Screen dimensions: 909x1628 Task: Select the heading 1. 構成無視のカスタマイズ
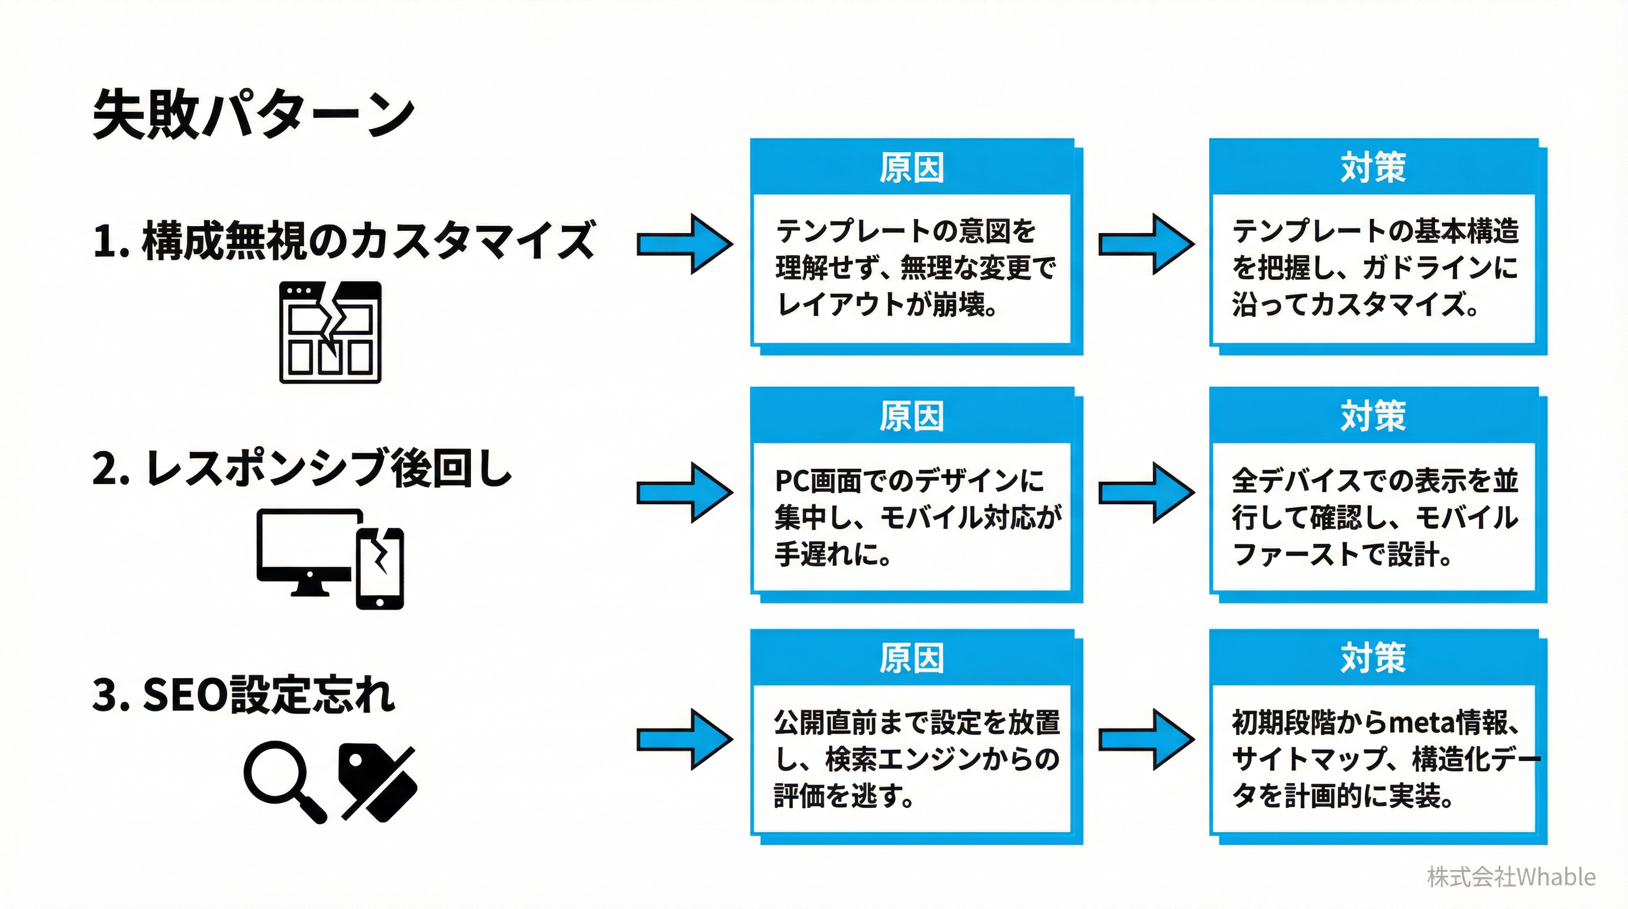343,241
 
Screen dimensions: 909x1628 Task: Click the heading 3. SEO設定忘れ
244,695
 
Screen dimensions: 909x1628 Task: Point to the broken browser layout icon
331,332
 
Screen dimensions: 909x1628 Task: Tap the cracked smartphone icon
380,568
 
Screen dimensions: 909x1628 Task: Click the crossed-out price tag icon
377,782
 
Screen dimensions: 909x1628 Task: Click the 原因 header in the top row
912,168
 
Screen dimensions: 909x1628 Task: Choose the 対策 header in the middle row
1372,416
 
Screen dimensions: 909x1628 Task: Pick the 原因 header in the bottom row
912,658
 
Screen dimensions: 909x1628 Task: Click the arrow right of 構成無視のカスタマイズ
686,244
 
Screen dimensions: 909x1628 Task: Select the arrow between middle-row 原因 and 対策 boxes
1146,492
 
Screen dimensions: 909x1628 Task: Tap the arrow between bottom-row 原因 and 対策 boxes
1146,739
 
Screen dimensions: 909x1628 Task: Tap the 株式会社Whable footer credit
1511,877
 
